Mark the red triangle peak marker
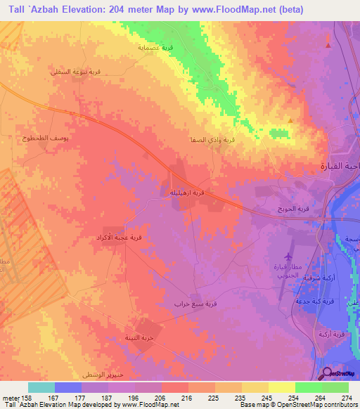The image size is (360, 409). click(x=328, y=46)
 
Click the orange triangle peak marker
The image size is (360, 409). click(x=291, y=120)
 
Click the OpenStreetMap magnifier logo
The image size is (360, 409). click(x=326, y=373)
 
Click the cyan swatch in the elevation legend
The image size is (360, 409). click(x=41, y=387)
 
